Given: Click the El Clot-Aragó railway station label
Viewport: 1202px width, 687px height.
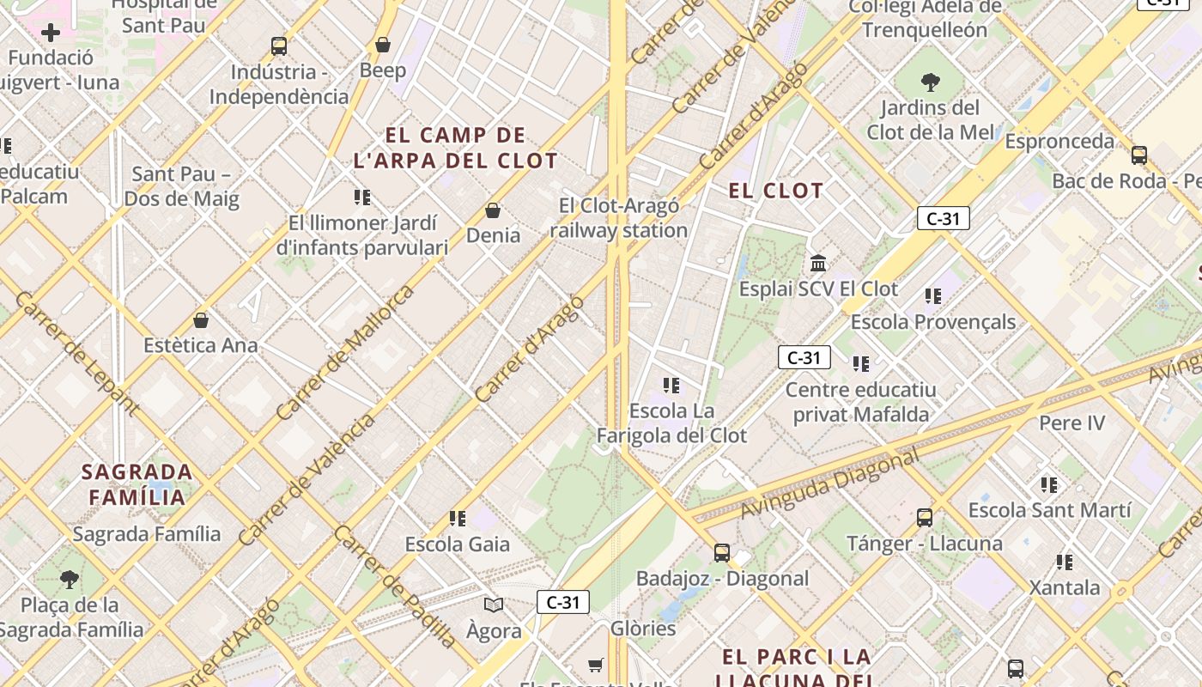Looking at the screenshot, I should click(618, 218).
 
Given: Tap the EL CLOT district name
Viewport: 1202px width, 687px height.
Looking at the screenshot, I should click(776, 191).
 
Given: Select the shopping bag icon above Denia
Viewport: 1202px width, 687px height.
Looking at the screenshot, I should click(493, 210).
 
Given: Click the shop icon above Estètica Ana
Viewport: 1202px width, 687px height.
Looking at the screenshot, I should click(201, 320).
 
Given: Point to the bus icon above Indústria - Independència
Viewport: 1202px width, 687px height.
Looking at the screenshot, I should click(279, 46).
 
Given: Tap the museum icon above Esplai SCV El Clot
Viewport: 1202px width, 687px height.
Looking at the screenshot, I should click(818, 263).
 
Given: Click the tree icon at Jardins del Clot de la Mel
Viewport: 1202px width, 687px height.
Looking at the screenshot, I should click(930, 82).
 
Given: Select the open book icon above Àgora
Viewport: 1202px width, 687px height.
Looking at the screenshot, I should click(494, 605).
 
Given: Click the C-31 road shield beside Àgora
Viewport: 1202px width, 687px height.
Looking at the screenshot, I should click(563, 602).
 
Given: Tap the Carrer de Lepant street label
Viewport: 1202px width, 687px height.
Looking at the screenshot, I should click(77, 353).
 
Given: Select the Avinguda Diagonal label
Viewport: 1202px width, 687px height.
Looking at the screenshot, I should click(829, 484).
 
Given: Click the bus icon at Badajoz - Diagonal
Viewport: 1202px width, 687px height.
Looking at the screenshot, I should click(722, 553).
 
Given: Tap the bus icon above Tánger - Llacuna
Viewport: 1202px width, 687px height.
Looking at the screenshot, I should click(925, 518).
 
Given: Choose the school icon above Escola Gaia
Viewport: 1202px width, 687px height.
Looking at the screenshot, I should click(458, 519).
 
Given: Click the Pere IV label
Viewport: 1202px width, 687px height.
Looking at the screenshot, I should click(1072, 423).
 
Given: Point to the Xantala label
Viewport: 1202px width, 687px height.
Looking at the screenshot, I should click(1065, 588).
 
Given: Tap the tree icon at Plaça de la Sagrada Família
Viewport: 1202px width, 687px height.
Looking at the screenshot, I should click(70, 579).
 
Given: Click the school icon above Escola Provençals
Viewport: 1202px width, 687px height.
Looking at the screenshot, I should click(933, 296).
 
